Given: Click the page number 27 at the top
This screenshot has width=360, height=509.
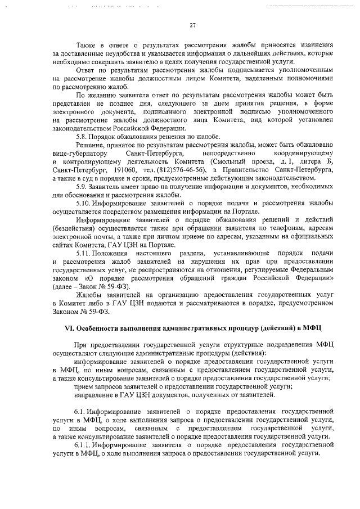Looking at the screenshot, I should click(x=192, y=25).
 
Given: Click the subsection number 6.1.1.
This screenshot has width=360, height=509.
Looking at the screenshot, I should click(x=85, y=443).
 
